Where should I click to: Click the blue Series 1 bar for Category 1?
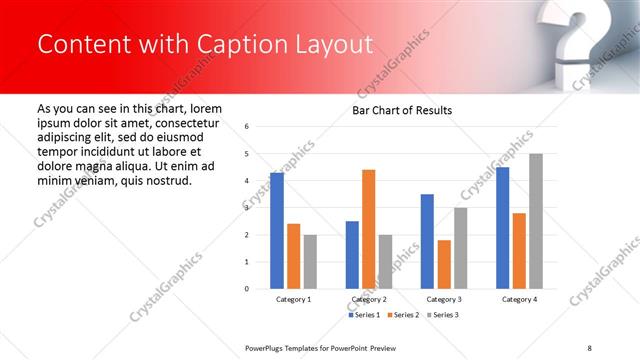click(277, 231)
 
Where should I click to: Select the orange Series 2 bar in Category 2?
click(368, 229)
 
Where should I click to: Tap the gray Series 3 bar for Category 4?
click(536, 221)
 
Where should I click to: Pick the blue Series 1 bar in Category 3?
click(427, 241)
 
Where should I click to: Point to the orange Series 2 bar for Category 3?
click(444, 264)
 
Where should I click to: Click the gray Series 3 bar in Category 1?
click(310, 261)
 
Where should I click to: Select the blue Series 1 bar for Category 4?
click(502, 228)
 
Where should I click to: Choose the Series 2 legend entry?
click(405, 315)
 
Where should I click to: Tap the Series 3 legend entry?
click(444, 315)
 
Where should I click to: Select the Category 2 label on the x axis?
click(368, 300)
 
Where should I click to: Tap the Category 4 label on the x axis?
click(519, 300)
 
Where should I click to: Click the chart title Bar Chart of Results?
click(401, 110)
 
